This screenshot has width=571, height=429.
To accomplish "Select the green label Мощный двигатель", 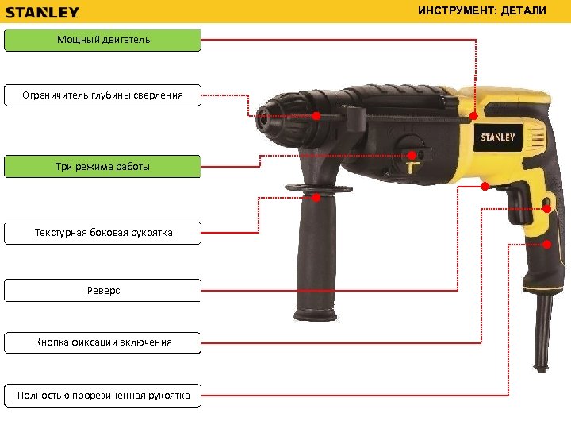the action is point(103,40).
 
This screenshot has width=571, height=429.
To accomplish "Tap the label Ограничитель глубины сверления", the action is point(103,95).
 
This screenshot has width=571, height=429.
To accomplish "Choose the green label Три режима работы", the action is point(103,167).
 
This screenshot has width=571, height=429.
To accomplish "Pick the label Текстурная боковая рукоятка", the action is point(103,233).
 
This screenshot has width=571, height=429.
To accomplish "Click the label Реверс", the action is point(103,291).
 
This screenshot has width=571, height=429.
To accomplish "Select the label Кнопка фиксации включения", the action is point(103,342).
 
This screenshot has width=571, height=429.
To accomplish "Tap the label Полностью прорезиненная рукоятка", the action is point(103,395).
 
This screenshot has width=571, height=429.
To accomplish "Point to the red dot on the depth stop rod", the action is point(316,117).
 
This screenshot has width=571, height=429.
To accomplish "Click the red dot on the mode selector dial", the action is point(412,155).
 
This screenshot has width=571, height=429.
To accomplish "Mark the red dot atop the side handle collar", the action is point(316,197).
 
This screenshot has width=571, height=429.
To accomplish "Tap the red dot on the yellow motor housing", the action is point(473,117).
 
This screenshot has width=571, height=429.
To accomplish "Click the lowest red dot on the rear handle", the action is point(548,243).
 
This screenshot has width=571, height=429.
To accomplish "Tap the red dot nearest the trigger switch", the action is point(485,187).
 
